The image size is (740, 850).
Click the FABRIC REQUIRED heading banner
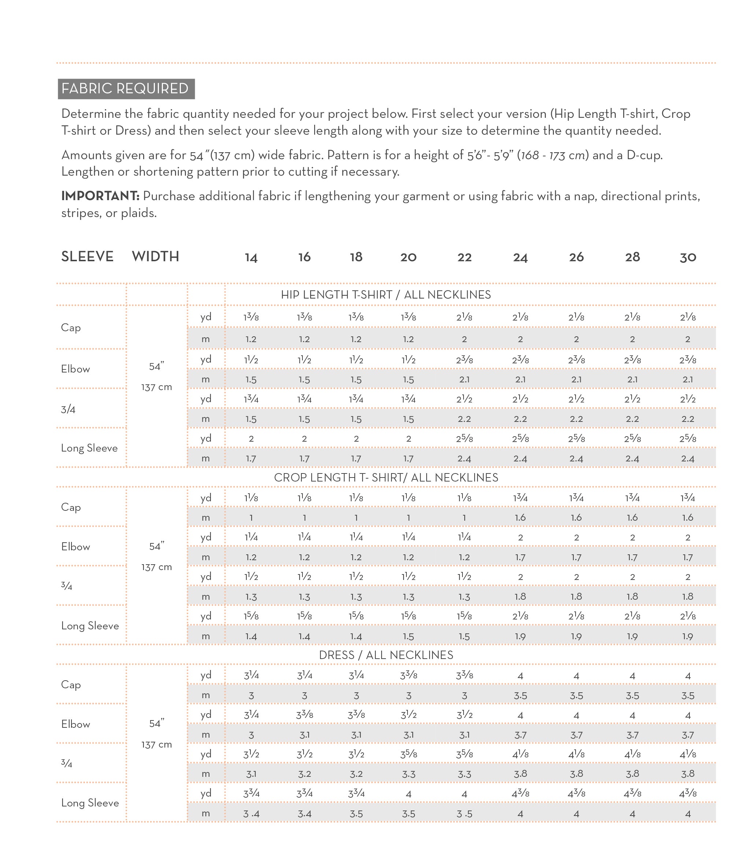pyautogui.click(x=126, y=89)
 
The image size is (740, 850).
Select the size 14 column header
pyautogui.click(x=251, y=258)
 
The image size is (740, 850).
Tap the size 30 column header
pyautogui.click(x=688, y=258)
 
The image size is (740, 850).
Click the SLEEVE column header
pyautogui.click(x=87, y=257)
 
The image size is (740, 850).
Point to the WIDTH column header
pyautogui.click(x=155, y=257)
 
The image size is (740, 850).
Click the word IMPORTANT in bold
pyautogui.click(x=100, y=196)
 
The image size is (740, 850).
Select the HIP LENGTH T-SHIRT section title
pyautogui.click(x=386, y=295)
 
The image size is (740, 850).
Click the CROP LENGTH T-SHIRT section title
pyautogui.click(x=386, y=478)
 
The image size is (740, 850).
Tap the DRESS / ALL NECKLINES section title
pyautogui.click(x=386, y=655)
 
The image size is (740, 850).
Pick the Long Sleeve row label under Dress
pyautogui.click(x=90, y=803)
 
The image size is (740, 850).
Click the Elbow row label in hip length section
pyautogui.click(x=75, y=369)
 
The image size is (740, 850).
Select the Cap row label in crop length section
pyautogui.click(x=71, y=507)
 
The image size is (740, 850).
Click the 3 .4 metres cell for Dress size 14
pyautogui.click(x=251, y=814)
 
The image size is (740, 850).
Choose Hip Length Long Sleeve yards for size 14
pyautogui.click(x=251, y=439)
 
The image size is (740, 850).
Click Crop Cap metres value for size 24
pyautogui.click(x=520, y=518)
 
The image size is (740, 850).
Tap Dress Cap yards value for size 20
pyautogui.click(x=408, y=675)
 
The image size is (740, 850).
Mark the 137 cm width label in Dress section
pyautogui.click(x=156, y=745)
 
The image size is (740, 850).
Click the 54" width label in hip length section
pyautogui.click(x=156, y=366)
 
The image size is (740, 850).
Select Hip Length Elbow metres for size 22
pyautogui.click(x=464, y=379)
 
